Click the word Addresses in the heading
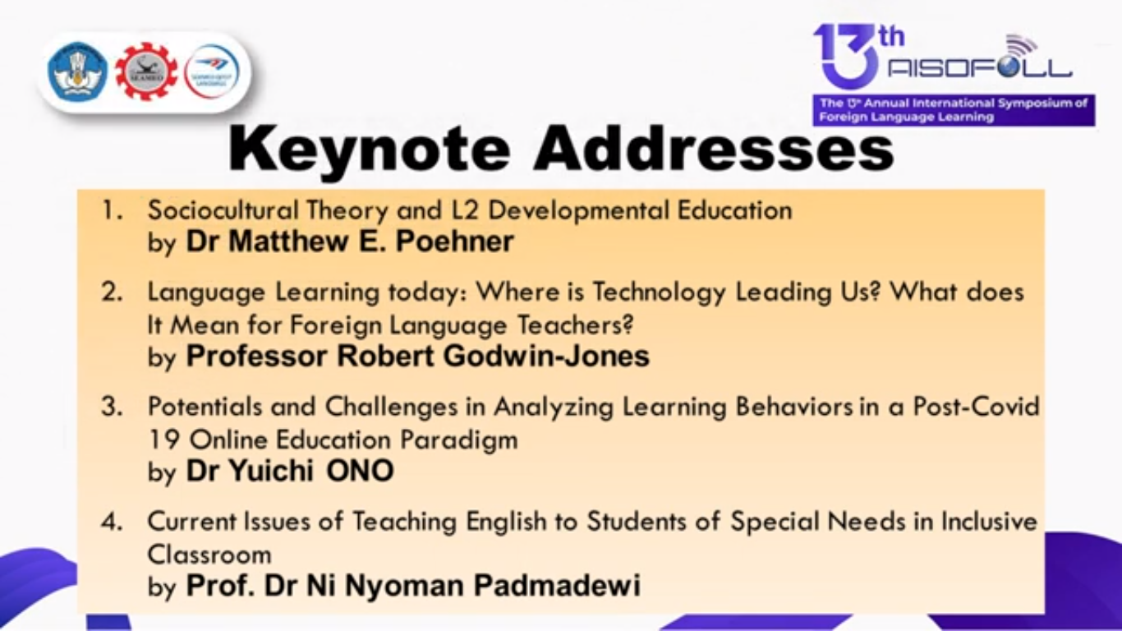[714, 149]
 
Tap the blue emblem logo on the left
[78, 71]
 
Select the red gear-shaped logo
[145, 71]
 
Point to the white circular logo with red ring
[212, 71]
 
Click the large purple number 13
[847, 56]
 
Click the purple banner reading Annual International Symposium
[954, 110]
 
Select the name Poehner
[455, 241]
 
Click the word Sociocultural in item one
[223, 210]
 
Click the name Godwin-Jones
[546, 356]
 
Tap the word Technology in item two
[659, 293]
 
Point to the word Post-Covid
[977, 406]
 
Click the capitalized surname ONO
[360, 471]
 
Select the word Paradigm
[459, 441]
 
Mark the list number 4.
[112, 522]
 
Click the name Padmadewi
[557, 585]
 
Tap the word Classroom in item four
[209, 555]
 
